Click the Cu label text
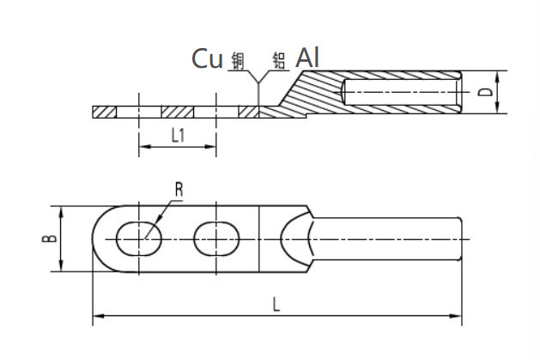[x=207, y=58]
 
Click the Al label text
[x=308, y=58]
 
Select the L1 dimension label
[x=178, y=135]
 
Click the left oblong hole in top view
[x=137, y=238]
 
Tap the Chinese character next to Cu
[x=238, y=60]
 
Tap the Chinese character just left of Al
[x=278, y=60]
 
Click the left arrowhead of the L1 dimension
[x=143, y=148]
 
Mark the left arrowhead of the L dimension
[x=97, y=317]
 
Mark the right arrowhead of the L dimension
[x=458, y=317]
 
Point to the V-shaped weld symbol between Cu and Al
[x=258, y=86]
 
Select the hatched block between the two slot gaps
[x=178, y=112]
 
